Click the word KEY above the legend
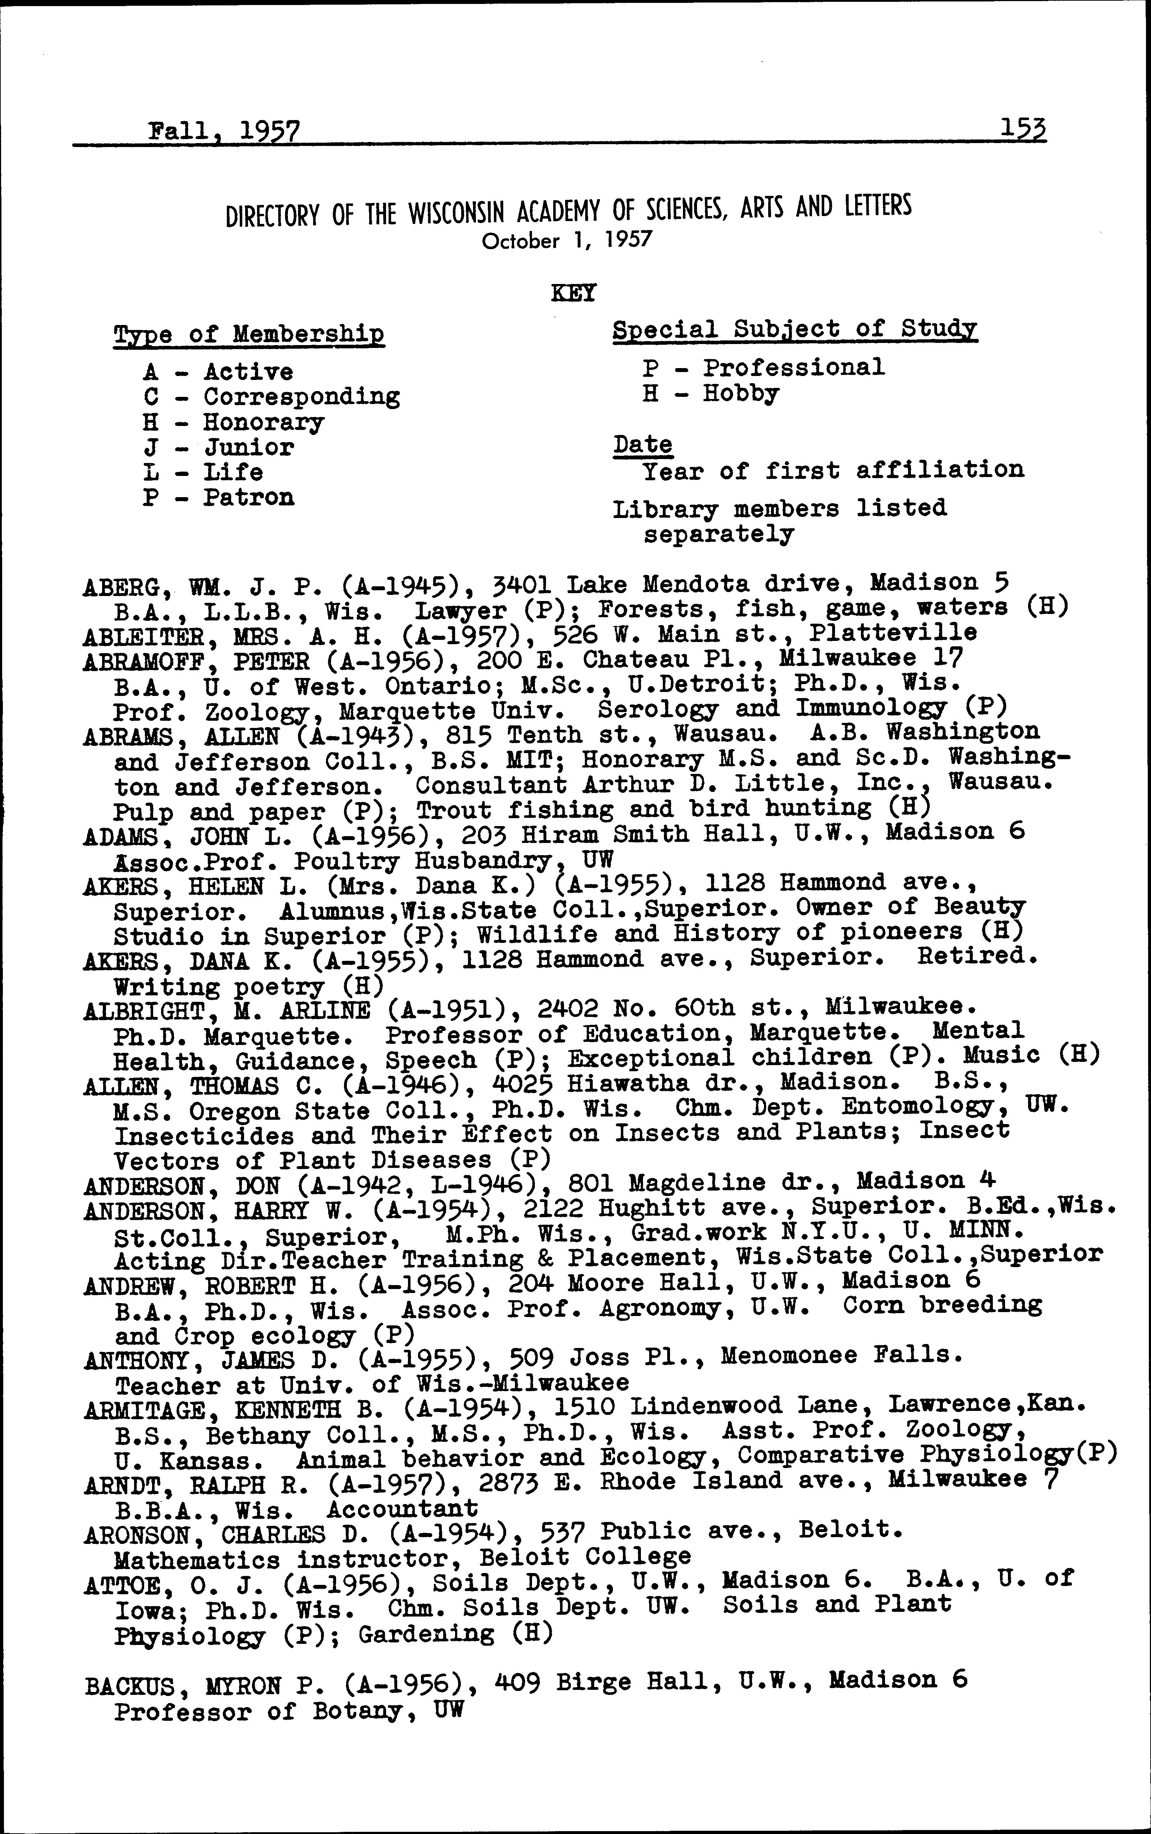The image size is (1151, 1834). point(573,293)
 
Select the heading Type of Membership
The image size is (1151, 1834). point(249,334)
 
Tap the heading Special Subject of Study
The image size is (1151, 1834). point(795,330)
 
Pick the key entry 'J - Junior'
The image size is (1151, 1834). point(219,447)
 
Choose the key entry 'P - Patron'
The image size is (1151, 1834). point(219,497)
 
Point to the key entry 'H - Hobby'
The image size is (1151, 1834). point(710,394)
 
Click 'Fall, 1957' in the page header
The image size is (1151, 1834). point(224,131)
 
